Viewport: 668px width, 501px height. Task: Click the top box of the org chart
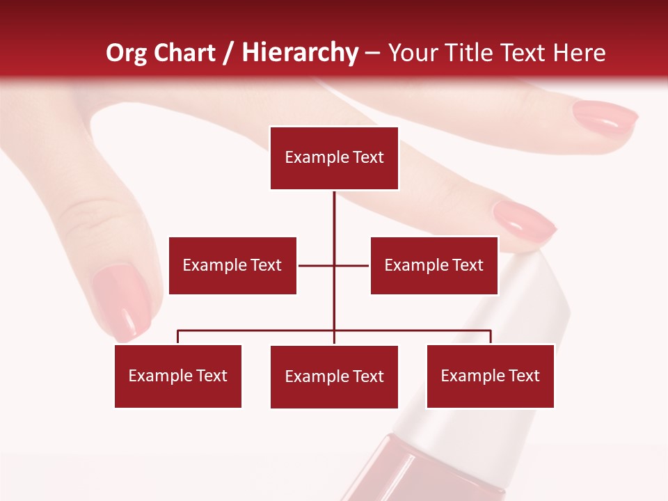click(x=334, y=158)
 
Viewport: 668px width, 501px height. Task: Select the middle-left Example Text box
click(x=232, y=265)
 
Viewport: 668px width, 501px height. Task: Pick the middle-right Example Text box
click(x=434, y=265)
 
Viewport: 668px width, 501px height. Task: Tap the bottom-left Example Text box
click(x=178, y=376)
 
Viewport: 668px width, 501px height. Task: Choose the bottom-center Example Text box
click(x=334, y=376)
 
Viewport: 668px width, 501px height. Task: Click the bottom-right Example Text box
click(x=490, y=376)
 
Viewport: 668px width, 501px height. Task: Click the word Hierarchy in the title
click(x=300, y=53)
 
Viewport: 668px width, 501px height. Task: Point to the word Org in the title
click(x=127, y=53)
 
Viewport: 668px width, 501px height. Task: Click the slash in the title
click(x=228, y=53)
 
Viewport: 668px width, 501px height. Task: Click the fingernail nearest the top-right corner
click(x=605, y=118)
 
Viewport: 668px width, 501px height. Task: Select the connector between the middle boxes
click(x=334, y=265)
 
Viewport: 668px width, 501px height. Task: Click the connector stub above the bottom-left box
click(x=178, y=337)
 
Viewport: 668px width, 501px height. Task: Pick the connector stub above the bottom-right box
click(x=491, y=337)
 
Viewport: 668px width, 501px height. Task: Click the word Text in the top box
click(x=368, y=157)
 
